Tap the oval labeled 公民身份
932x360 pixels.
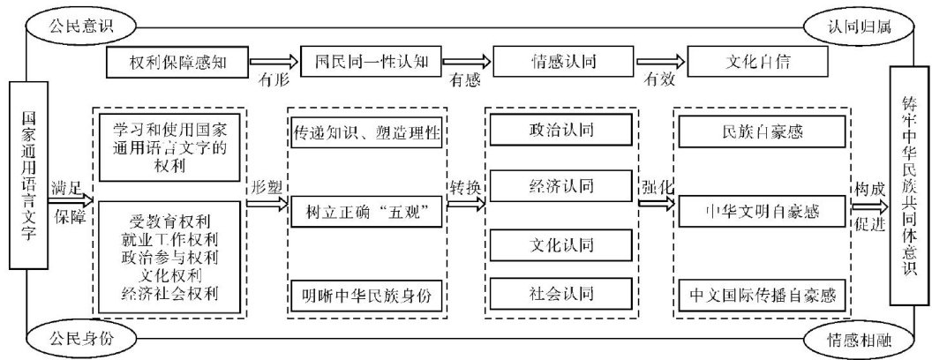pyautogui.click(x=74, y=336)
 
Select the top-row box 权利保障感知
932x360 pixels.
pyautogui.click(x=179, y=62)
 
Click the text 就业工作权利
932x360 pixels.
pyautogui.click(x=168, y=236)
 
